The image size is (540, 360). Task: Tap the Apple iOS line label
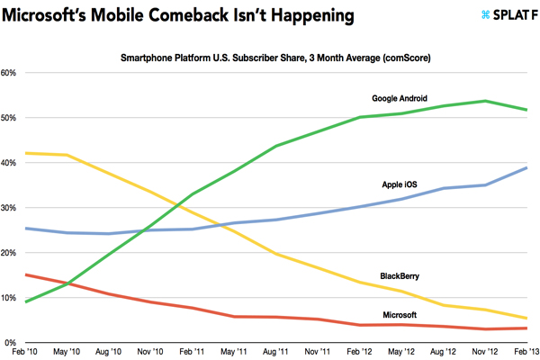click(405, 184)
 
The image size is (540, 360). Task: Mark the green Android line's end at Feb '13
click(527, 110)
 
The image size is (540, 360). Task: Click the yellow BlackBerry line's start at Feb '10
click(25, 153)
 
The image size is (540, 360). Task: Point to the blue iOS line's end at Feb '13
click(527, 168)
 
